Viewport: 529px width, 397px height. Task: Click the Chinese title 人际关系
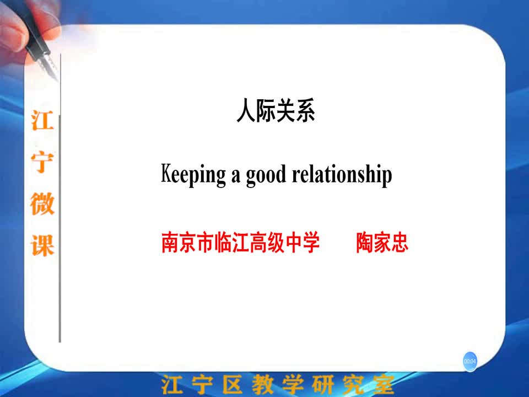pos(276,110)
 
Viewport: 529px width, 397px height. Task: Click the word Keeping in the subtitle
pos(193,175)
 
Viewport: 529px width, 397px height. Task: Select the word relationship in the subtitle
pos(342,175)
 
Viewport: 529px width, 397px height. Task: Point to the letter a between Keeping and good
pos(235,177)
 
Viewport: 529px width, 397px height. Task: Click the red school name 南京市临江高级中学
pos(241,243)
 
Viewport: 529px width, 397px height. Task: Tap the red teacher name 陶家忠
pos(382,243)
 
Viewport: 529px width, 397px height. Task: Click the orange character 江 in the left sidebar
pos(42,121)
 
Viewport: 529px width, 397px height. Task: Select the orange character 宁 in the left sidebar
pos(42,162)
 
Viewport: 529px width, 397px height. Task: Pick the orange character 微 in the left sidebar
pos(42,203)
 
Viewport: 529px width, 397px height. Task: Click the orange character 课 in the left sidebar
pos(42,245)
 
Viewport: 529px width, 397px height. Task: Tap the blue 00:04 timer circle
pos(470,361)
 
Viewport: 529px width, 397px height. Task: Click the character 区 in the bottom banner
pos(233,384)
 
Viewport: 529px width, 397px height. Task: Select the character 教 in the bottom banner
pos(262,384)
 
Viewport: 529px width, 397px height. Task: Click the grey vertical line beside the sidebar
pos(60,197)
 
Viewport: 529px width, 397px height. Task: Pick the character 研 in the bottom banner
pos(323,384)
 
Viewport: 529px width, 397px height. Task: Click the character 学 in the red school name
pos(311,243)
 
